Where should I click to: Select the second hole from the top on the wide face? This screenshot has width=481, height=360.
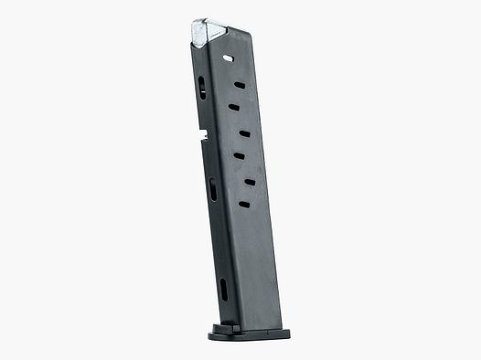[x=240, y=86]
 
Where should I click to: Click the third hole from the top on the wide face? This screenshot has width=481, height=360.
[x=234, y=109]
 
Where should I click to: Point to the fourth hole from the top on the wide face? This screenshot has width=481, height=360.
[x=245, y=133]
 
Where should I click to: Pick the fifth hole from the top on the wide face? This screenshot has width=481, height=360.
[x=238, y=156]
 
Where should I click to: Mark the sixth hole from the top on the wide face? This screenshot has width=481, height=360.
[x=249, y=181]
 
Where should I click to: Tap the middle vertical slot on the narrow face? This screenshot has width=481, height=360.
[x=212, y=189]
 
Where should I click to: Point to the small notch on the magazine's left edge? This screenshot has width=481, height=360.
[x=199, y=140]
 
